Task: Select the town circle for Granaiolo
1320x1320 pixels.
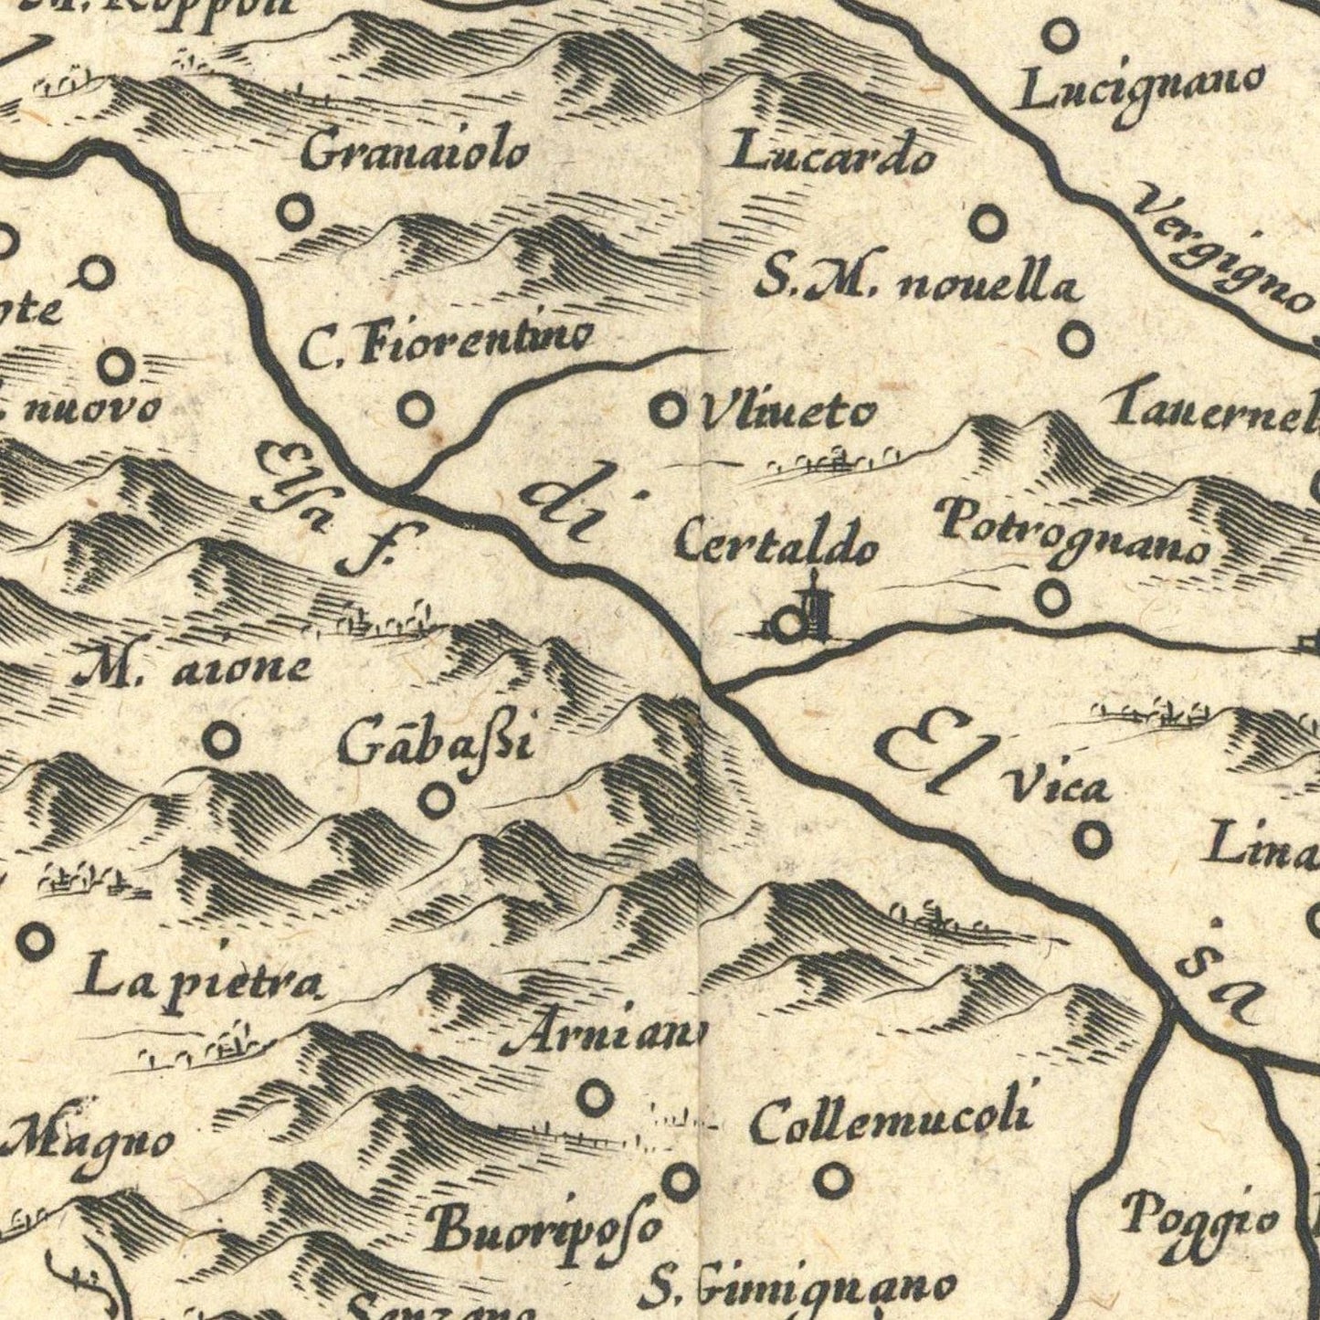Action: click(x=295, y=213)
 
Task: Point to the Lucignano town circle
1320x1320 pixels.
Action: click(x=1061, y=37)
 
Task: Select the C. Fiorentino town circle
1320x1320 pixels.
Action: click(x=416, y=408)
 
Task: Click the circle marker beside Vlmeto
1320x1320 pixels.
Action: click(x=668, y=409)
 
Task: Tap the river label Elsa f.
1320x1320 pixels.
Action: click(x=329, y=507)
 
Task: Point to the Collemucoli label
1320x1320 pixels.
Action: click(x=892, y=1121)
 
